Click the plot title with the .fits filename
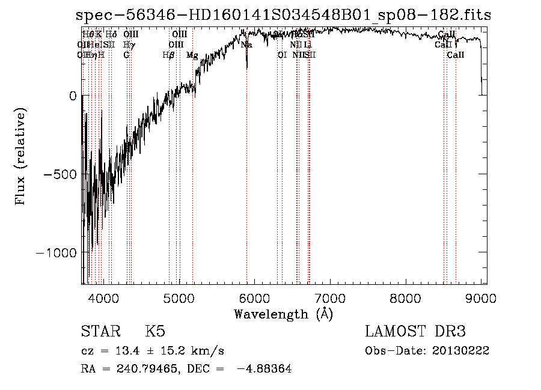284,15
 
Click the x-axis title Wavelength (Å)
283,314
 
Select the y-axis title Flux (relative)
21,157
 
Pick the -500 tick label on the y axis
60,174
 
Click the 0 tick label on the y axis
72,96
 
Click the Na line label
246,45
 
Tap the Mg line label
192,55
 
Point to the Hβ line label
168,55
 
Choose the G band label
126,55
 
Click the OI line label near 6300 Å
281,55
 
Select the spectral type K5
155,332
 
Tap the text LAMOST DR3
415,332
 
